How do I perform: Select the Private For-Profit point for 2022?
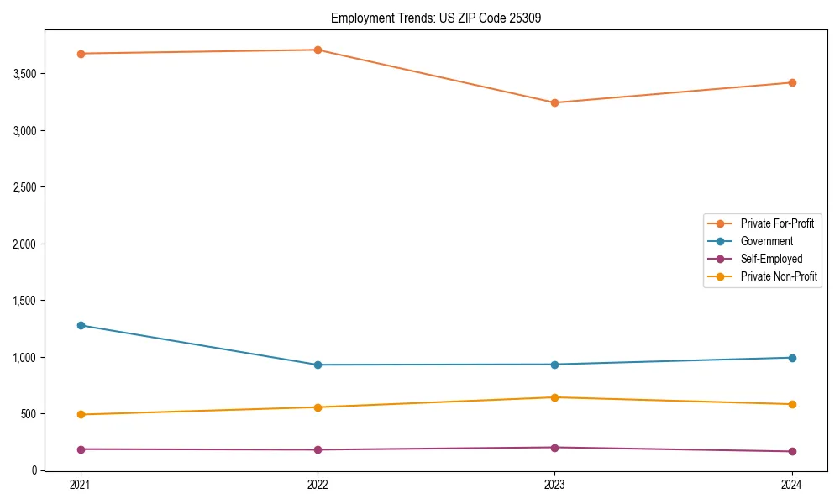[x=318, y=50]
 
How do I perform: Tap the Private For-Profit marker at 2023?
[x=554, y=102]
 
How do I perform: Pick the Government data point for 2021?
[x=81, y=325]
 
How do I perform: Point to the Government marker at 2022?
[x=318, y=365]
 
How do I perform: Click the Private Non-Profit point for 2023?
[x=554, y=397]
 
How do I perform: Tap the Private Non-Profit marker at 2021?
[x=81, y=414]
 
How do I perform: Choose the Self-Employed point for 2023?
[x=554, y=448]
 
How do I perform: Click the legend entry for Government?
[x=766, y=241]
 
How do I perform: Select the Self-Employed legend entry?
[x=771, y=259]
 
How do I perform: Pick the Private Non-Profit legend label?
[x=779, y=276]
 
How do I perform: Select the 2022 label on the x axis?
[x=318, y=485]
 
